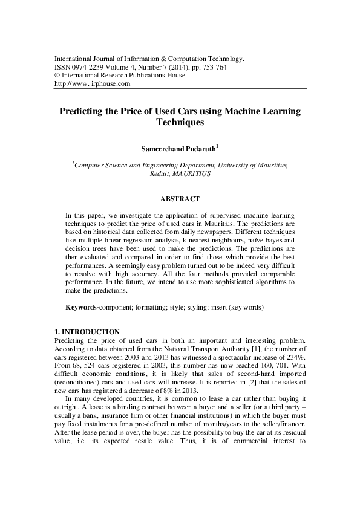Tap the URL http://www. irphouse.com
93,84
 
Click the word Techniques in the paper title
180,122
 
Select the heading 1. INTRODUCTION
87,332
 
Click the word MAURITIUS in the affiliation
191,173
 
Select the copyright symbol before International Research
57,76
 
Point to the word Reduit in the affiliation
159,173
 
